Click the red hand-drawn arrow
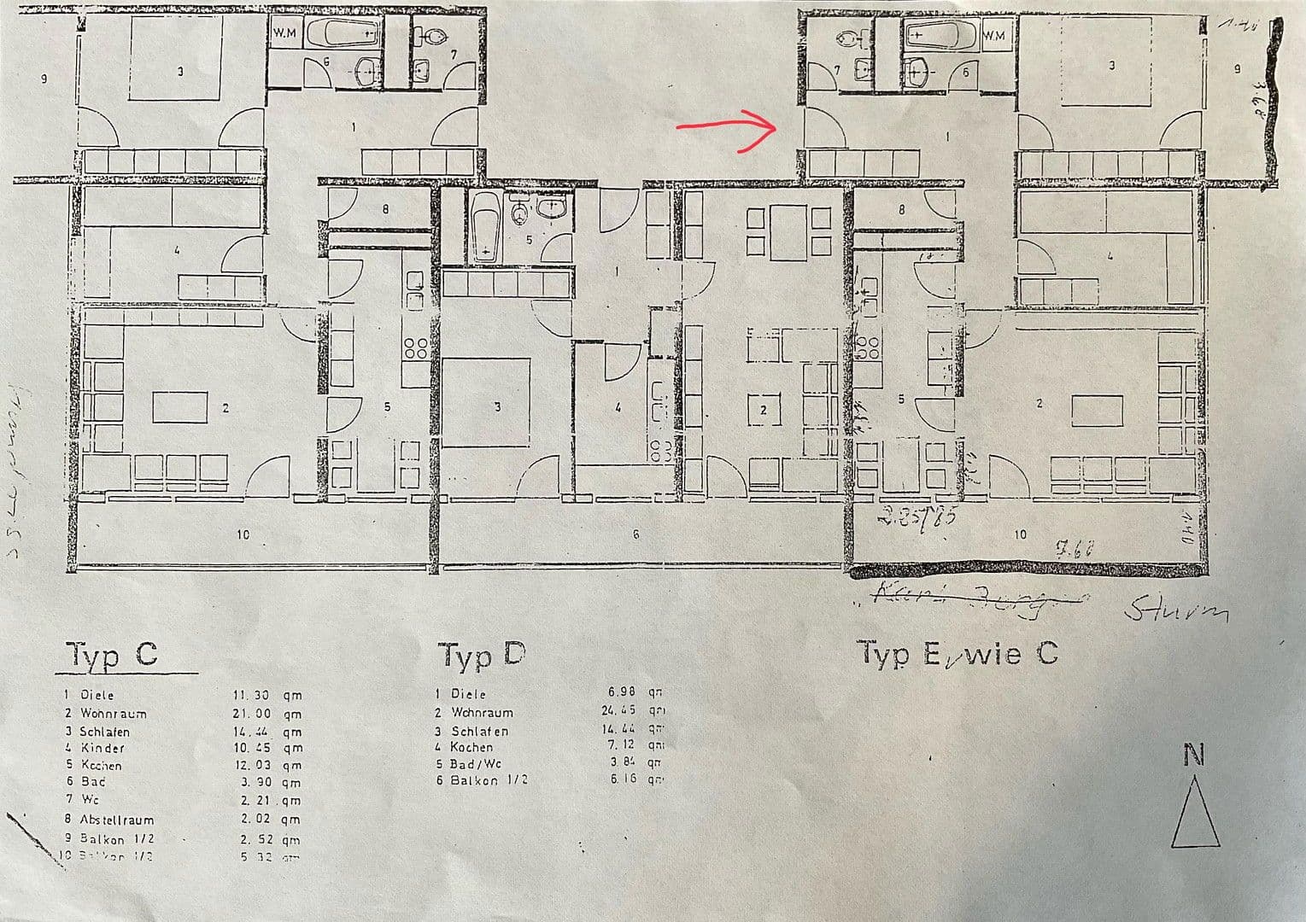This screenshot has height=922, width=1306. click(x=727, y=128)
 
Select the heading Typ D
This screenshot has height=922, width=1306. click(x=481, y=655)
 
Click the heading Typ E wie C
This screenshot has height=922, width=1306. click(x=958, y=654)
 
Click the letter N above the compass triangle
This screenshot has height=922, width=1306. click(x=1194, y=756)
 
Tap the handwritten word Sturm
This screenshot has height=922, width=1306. click(x=1176, y=611)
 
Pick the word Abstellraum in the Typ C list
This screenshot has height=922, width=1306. click(x=117, y=820)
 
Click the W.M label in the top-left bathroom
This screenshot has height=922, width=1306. click(x=284, y=33)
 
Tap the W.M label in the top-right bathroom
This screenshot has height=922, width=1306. click(x=994, y=35)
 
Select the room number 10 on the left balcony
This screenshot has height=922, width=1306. click(x=243, y=535)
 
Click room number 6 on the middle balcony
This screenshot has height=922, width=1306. click(x=635, y=534)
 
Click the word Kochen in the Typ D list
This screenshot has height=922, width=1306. click(x=471, y=747)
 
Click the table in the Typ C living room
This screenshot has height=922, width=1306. click(x=179, y=407)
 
